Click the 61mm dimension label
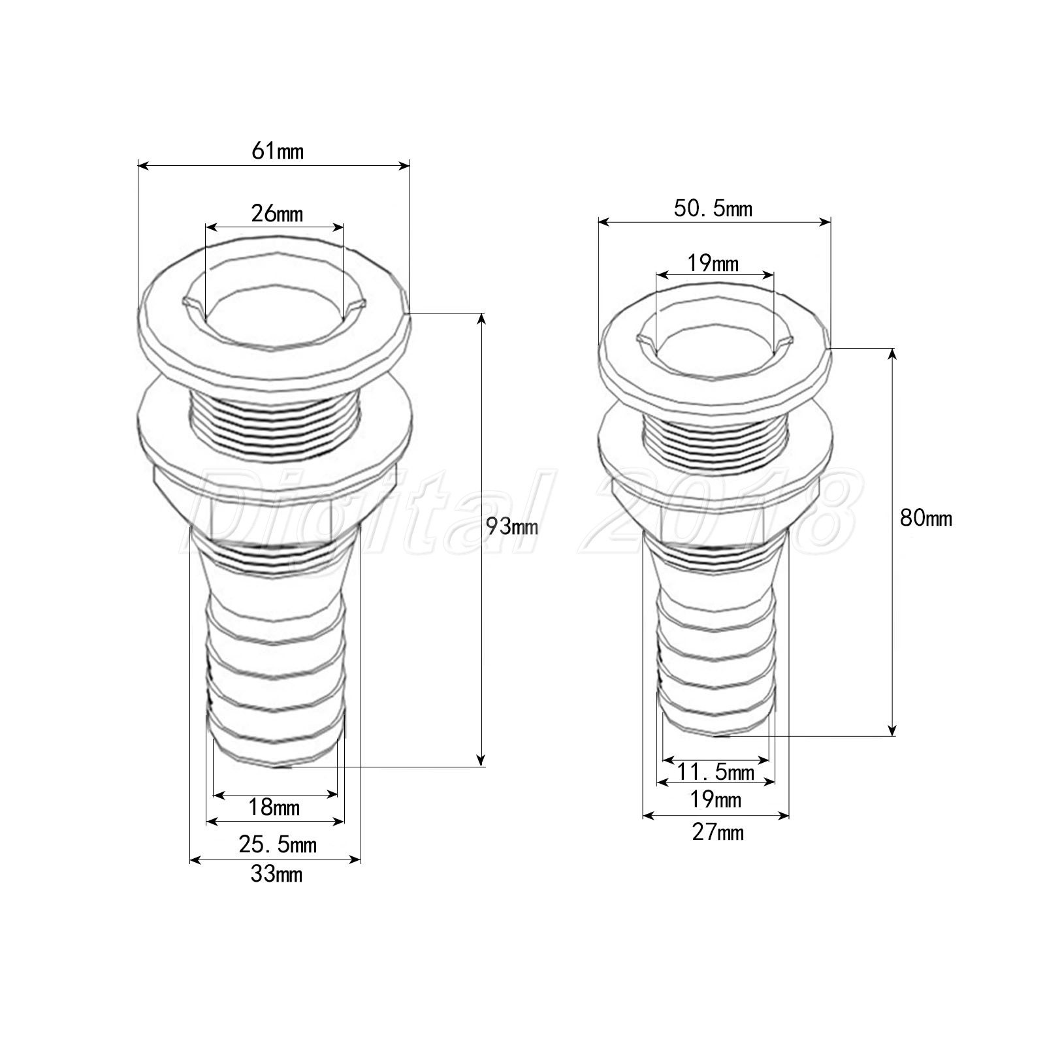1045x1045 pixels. tap(278, 152)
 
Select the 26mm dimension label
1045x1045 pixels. tap(277, 214)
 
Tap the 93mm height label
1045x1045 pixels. tap(512, 526)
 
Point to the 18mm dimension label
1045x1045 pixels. tap(274, 808)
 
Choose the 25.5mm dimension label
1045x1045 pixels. tap(277, 844)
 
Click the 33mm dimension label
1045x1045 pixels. tap(276, 874)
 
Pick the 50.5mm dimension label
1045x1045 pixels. tap(713, 208)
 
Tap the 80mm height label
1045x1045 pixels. tap(925, 518)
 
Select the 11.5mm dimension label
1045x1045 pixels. tap(715, 773)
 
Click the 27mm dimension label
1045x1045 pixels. tap(717, 833)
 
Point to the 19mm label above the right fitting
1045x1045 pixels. tap(713, 263)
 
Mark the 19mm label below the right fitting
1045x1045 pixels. tap(716, 799)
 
